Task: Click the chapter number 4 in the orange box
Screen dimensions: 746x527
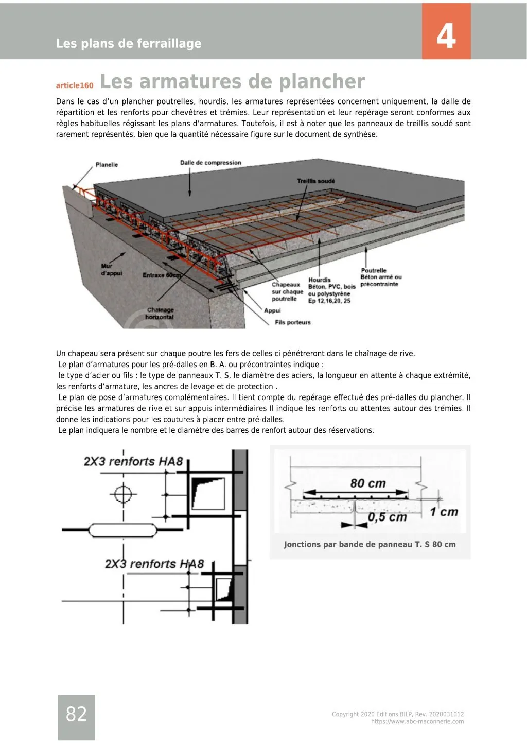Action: [446, 37]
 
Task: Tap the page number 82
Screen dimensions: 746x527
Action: [76, 714]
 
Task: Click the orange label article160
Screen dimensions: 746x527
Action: [75, 85]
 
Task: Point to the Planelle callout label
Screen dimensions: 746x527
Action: [107, 165]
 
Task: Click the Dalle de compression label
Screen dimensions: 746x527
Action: [210, 163]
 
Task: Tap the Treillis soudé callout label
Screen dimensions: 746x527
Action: [315, 181]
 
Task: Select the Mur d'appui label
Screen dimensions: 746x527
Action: [112, 270]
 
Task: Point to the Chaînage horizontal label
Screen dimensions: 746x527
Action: [160, 314]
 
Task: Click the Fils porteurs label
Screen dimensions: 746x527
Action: [293, 322]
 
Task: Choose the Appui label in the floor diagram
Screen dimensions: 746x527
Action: [272, 310]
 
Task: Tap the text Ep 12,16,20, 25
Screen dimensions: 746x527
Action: [329, 301]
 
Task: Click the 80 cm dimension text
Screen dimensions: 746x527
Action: [367, 483]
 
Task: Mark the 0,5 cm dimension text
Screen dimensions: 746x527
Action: [387, 517]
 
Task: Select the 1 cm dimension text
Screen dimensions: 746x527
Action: [444, 512]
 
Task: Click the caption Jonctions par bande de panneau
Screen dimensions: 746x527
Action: [370, 544]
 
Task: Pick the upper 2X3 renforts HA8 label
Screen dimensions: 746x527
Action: [133, 461]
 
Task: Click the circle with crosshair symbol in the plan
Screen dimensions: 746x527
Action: [123, 495]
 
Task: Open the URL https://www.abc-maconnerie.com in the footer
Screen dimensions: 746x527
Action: [417, 721]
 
